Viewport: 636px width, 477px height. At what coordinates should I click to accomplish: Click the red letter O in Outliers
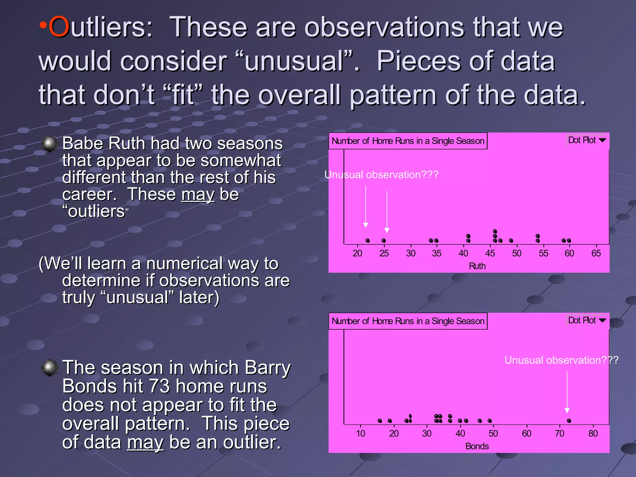(59, 27)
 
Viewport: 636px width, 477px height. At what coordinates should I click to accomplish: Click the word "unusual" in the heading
(294, 61)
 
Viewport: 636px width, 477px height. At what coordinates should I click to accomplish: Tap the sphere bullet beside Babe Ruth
(50, 143)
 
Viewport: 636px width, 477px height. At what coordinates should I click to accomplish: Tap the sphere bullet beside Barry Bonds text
(50, 368)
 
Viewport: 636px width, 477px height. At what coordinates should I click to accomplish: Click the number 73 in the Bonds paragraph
(159, 387)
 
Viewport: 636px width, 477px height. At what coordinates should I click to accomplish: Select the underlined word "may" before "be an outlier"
(145, 443)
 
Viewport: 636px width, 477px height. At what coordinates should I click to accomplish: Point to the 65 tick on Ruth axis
(596, 253)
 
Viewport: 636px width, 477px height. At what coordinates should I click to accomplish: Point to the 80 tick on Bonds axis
(593, 433)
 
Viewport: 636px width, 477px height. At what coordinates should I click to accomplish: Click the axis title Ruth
(477, 266)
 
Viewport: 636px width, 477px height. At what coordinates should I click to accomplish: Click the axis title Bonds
(477, 446)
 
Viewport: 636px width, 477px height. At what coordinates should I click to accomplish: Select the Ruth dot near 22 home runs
(368, 241)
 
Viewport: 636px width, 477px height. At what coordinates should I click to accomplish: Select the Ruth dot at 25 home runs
(384, 241)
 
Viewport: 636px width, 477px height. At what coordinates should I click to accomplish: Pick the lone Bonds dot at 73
(569, 421)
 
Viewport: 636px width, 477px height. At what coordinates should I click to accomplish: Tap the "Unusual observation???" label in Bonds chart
(561, 360)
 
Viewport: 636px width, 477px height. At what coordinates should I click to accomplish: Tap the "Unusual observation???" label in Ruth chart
(381, 175)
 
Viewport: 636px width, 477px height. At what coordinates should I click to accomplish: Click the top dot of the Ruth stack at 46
(495, 231)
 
